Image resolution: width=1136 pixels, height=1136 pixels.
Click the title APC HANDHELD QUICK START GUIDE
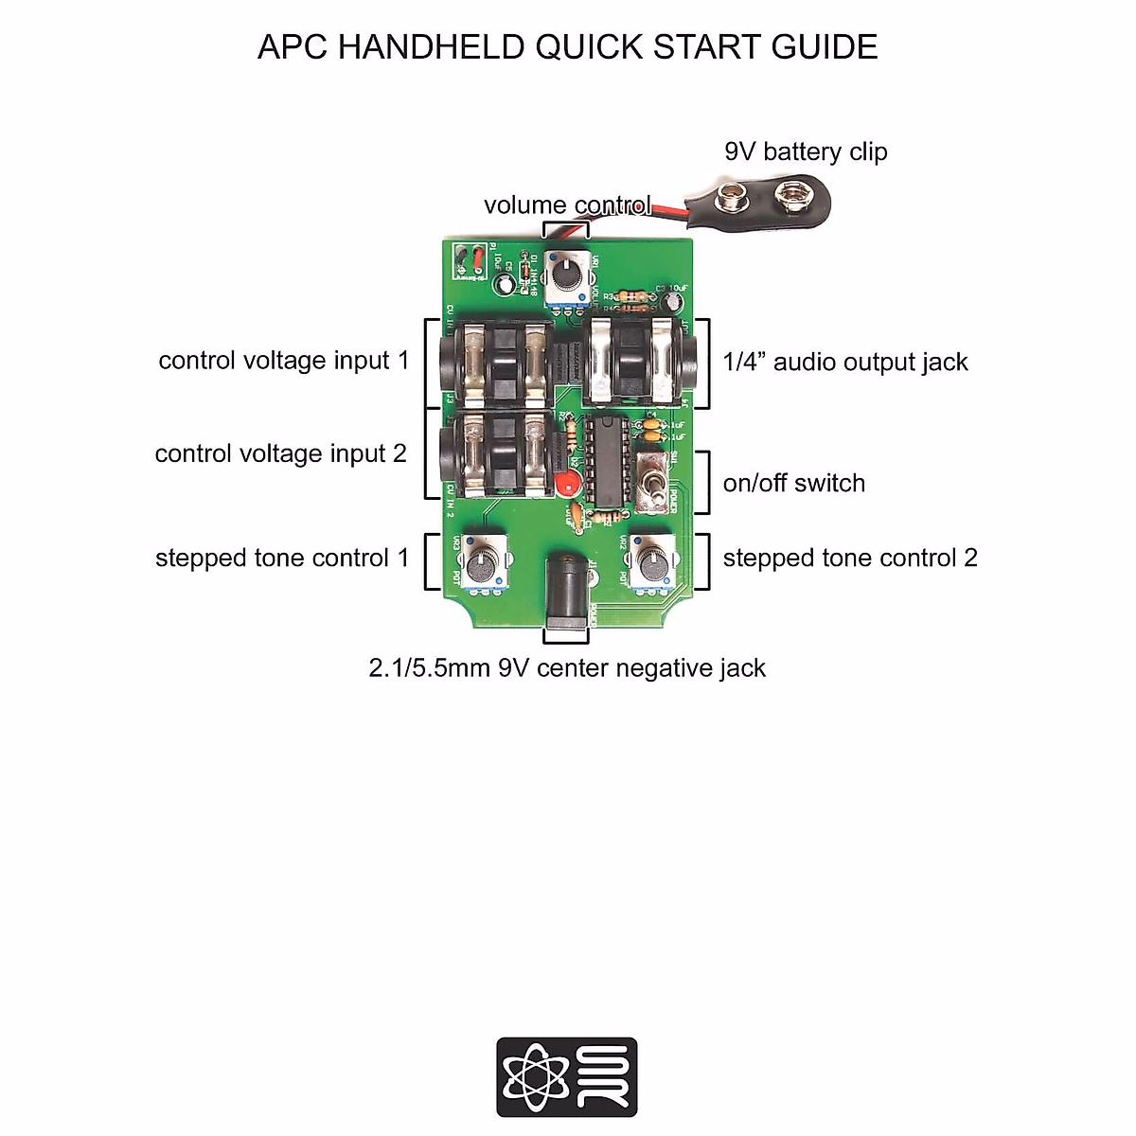tap(567, 47)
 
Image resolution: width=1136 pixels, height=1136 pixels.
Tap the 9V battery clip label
tap(806, 151)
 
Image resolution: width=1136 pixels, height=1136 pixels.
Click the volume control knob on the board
tap(566, 275)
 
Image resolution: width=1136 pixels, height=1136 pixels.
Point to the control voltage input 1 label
tap(284, 361)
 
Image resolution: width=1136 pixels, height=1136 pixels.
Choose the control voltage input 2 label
tap(280, 453)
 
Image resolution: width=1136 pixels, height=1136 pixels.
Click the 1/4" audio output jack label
tap(845, 362)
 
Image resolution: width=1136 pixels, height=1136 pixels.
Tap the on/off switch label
tap(794, 483)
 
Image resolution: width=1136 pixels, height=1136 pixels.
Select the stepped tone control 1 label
tap(282, 558)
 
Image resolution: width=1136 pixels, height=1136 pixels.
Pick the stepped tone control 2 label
tap(850, 558)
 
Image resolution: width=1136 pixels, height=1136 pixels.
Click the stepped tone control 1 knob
tap(482, 566)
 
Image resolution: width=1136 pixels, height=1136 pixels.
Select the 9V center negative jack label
tap(567, 668)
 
